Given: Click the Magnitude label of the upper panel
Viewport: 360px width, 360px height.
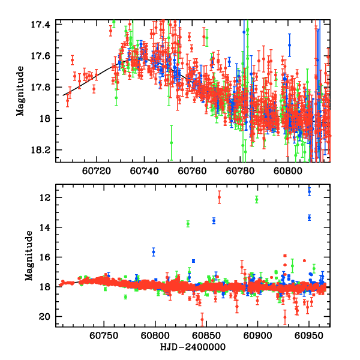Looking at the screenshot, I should (20, 91).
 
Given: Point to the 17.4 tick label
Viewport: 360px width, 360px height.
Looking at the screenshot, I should (43, 25).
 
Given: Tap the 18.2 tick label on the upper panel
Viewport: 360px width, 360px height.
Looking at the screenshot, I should (43, 150).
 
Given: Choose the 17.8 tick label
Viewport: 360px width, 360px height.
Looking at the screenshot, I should (43, 88).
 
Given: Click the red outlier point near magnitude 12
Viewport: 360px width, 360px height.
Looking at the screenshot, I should (219, 197).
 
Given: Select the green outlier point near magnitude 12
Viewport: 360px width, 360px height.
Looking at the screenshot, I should (256, 199).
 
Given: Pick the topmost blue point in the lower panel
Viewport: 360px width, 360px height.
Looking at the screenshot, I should (309, 191).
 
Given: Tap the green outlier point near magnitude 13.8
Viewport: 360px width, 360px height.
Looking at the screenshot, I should (188, 224).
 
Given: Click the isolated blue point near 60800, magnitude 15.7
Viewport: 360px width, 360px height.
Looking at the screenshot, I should (154, 252).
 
